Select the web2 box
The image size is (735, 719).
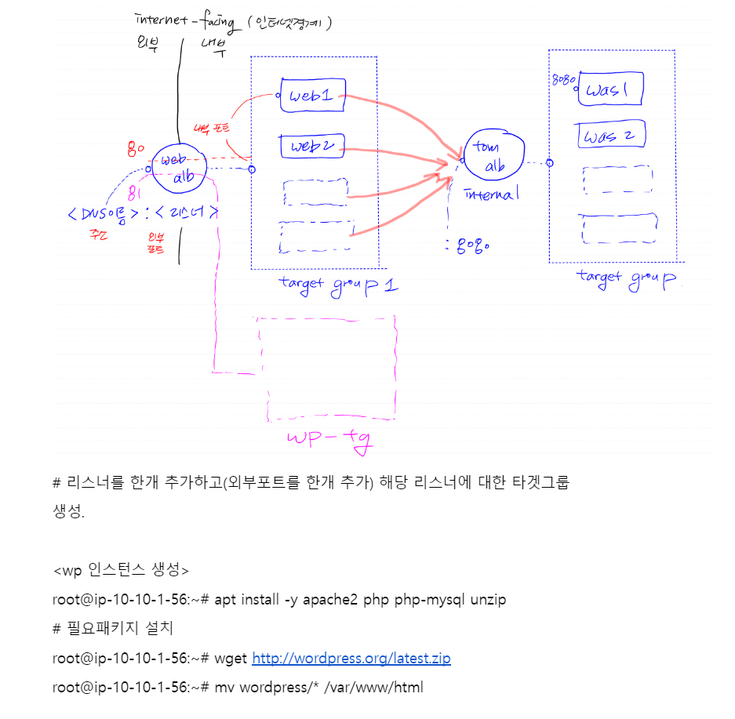[311, 146]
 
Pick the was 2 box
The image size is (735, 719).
[612, 136]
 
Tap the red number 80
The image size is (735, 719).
[138, 147]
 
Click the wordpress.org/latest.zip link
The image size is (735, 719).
[351, 659]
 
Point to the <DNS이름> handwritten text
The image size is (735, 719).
[104, 212]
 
